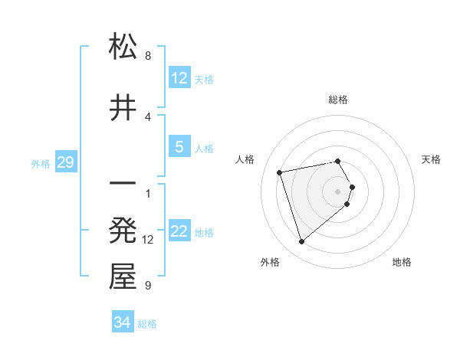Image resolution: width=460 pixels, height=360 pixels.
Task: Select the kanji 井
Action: tap(123, 107)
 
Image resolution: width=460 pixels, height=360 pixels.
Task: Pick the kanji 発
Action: tap(123, 231)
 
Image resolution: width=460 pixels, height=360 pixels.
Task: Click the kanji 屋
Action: tap(123, 277)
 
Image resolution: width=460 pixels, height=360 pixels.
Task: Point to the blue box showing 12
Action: tap(179, 78)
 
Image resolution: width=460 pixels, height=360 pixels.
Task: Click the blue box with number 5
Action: tap(179, 147)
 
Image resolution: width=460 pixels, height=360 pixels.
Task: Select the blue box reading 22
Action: tap(179, 232)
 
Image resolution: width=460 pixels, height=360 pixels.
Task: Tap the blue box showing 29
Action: tap(65, 163)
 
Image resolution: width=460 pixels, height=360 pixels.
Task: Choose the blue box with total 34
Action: tap(123, 322)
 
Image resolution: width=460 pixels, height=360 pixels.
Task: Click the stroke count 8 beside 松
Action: tap(148, 56)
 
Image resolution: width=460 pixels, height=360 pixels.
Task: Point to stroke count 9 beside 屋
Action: tap(148, 286)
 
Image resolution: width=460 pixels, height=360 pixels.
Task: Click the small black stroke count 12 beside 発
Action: tap(148, 240)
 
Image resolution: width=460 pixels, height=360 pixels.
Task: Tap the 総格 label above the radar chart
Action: tap(338, 100)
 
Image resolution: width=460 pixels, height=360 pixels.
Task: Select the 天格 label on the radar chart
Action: tap(431, 159)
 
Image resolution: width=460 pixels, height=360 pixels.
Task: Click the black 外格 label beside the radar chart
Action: tap(270, 262)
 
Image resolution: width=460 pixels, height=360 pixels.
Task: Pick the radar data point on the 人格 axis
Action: tap(281, 172)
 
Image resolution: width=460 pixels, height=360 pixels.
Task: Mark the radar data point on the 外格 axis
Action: tap(301, 241)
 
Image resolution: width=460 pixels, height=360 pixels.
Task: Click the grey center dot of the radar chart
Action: tap(338, 191)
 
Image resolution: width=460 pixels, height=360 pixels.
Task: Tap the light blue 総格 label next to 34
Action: tap(147, 324)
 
